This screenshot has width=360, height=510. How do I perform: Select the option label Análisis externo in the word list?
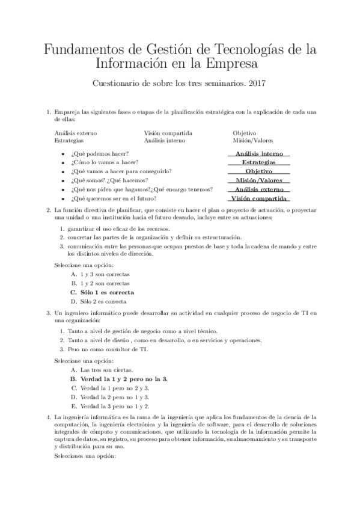pos(76,133)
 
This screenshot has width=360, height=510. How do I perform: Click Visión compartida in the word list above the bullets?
pos(168,133)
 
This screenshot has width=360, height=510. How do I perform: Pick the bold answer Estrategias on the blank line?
pos(259,162)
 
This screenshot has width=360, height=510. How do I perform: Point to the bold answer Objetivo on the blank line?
pos(259,171)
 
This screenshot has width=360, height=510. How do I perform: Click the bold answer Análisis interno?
pos(259,153)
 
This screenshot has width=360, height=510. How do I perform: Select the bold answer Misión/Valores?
pos(259,180)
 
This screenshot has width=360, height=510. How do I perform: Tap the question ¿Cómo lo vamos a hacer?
pos(104,162)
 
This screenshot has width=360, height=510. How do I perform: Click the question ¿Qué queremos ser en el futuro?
pos(114,198)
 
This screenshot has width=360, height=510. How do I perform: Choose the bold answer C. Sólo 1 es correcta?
pos(102,292)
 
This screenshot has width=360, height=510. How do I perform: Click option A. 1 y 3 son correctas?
pos(100,274)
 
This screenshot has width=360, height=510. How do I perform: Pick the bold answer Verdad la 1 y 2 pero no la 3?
pos(119,379)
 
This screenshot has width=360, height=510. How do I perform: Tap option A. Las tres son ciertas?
pos(98,370)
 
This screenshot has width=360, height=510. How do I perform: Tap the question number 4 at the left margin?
pos(48,416)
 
